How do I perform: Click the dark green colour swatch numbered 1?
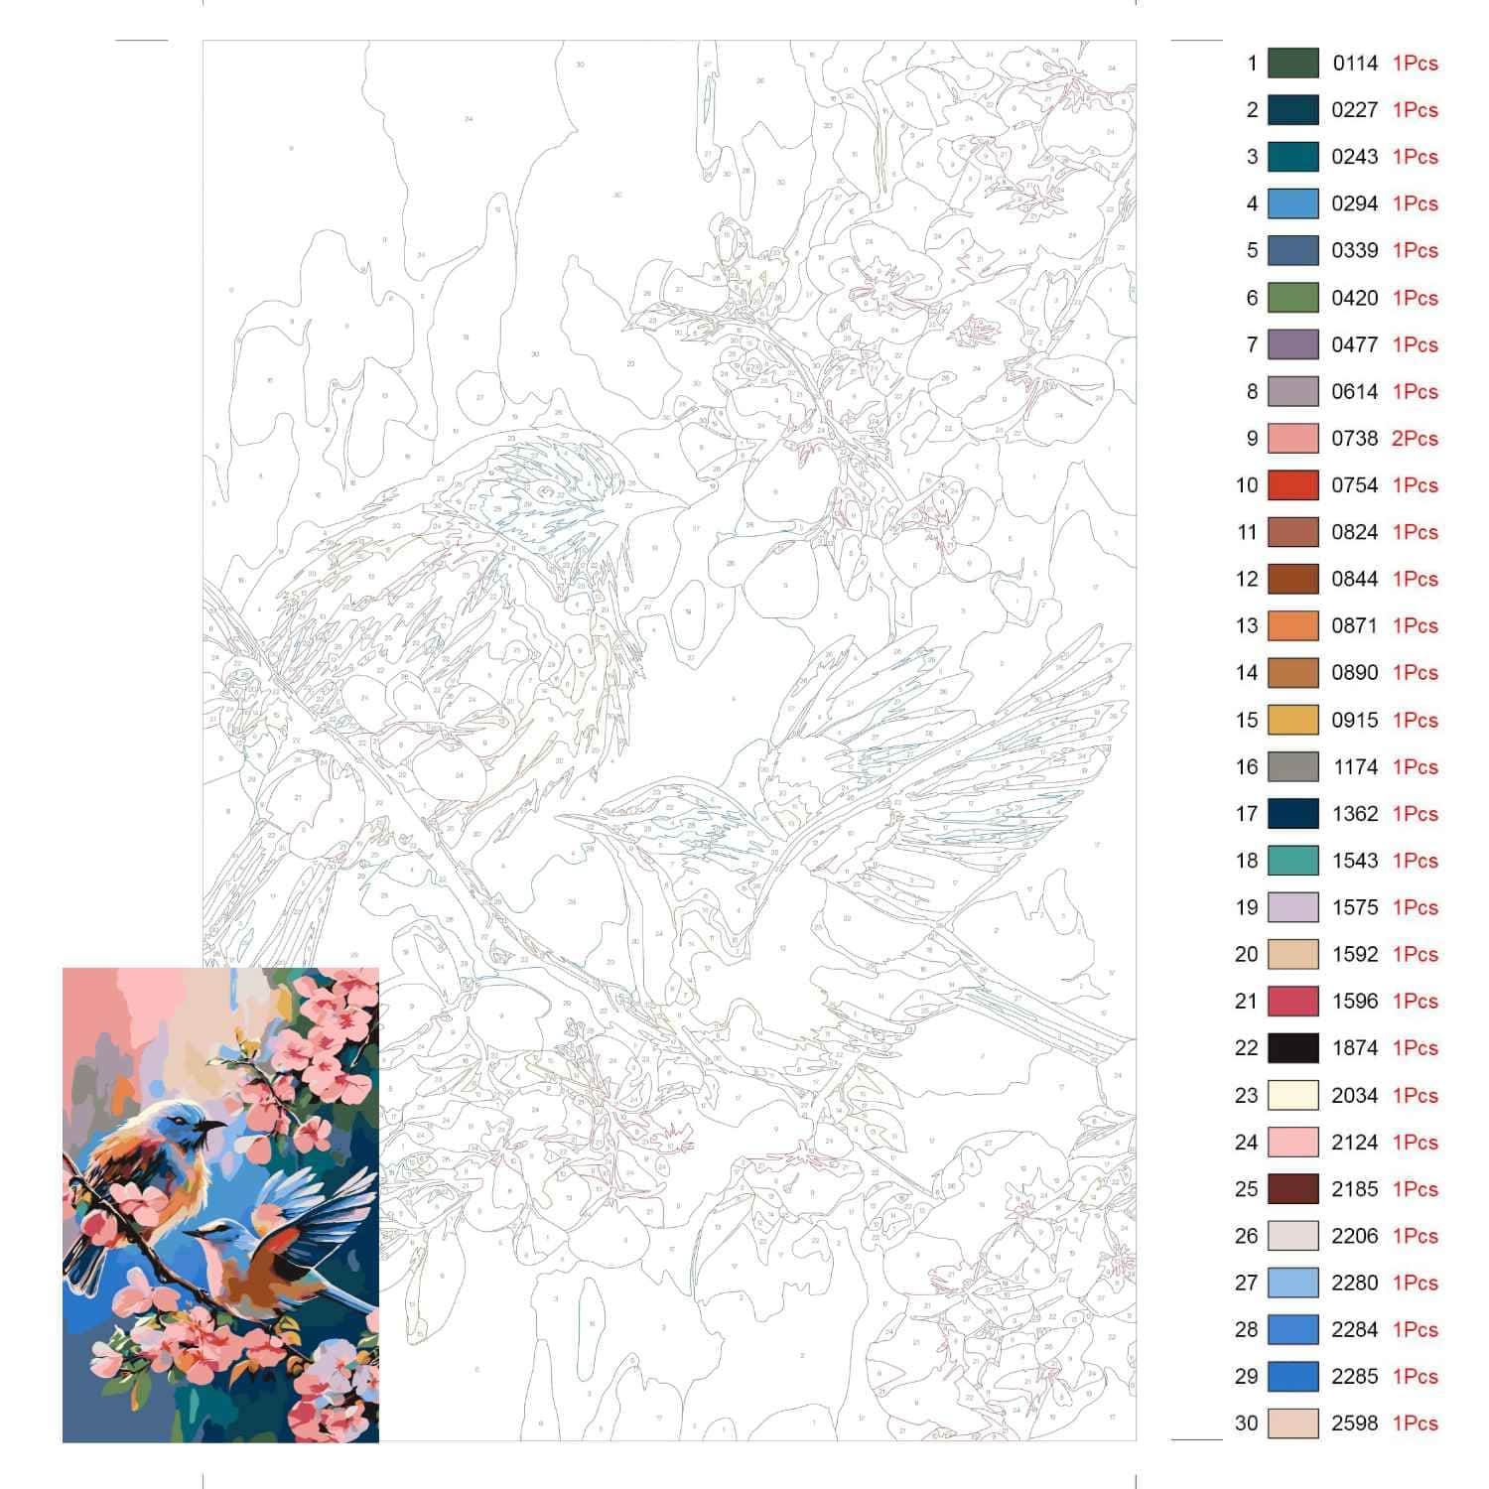tap(1292, 64)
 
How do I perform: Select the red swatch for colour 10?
tap(1292, 485)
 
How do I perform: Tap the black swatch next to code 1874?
tap(1292, 1048)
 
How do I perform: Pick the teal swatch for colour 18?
tap(1292, 861)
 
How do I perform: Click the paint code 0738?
tap(1354, 439)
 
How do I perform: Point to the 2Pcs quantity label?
tap(1415, 439)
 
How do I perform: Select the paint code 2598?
tap(1354, 1423)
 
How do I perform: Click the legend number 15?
tap(1247, 721)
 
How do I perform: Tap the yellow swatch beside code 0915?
tap(1292, 721)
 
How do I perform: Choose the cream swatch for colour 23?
tap(1292, 1096)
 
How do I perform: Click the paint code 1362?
tap(1354, 814)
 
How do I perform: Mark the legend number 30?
tap(1247, 1423)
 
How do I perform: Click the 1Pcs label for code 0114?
tap(1415, 64)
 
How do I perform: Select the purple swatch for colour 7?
tap(1292, 345)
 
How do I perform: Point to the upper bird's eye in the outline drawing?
tap(543, 490)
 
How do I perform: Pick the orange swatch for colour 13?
tap(1292, 626)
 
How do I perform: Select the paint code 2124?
tap(1354, 1143)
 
